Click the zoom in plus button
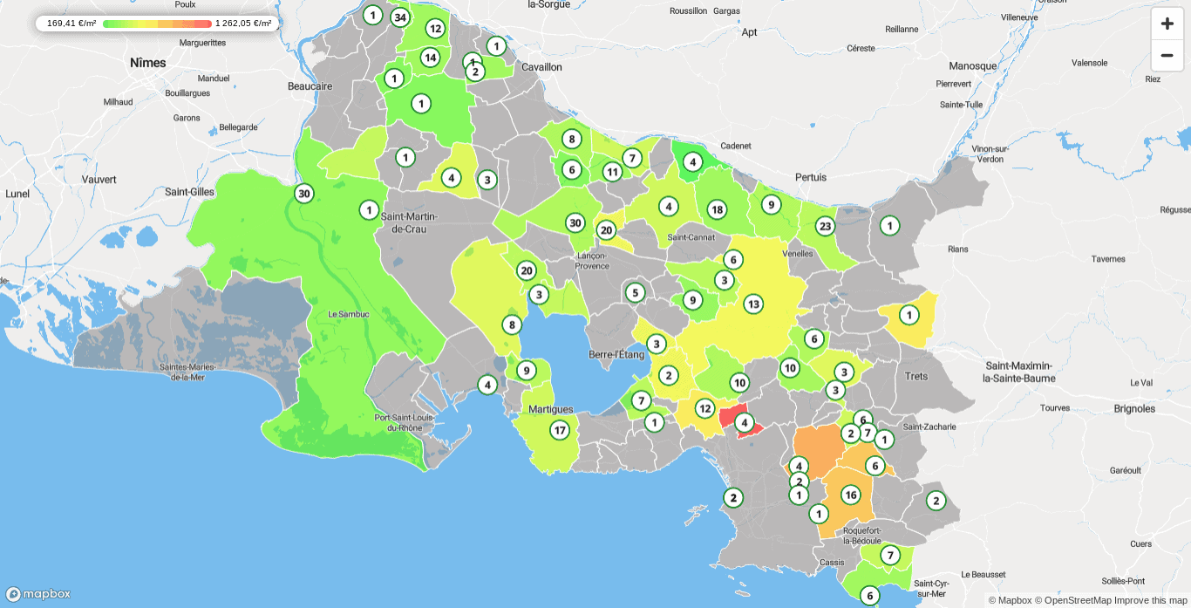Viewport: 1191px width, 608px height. click(x=1167, y=24)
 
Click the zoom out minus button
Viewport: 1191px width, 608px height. click(x=1167, y=55)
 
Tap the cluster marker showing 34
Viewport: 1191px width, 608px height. click(x=399, y=17)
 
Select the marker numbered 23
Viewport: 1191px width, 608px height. click(x=825, y=227)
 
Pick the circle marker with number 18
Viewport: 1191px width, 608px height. click(x=717, y=209)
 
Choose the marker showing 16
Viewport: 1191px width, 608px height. click(x=850, y=495)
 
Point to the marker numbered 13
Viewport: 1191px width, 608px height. click(x=753, y=304)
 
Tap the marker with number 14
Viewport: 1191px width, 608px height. click(x=430, y=58)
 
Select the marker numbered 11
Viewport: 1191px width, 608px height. click(x=612, y=172)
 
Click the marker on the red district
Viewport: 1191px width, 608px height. click(x=744, y=423)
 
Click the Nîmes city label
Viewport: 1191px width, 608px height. click(x=147, y=63)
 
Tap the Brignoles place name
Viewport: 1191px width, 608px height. click(x=1134, y=408)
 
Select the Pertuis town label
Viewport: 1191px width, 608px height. click(x=811, y=177)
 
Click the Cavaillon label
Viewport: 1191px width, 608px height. click(x=541, y=67)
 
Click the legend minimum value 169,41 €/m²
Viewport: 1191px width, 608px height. click(x=71, y=24)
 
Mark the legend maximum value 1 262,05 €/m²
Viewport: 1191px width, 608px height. click(x=243, y=24)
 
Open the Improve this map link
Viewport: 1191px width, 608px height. click(x=1151, y=600)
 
